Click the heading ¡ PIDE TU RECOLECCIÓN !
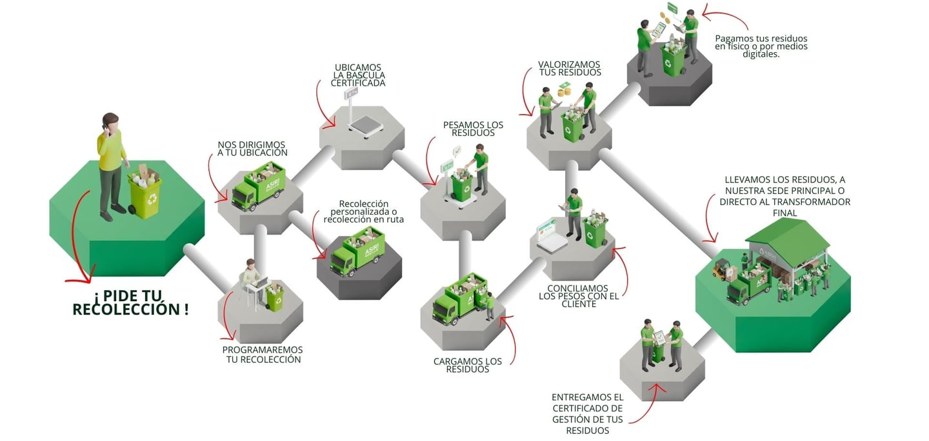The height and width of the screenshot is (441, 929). tap(131, 302)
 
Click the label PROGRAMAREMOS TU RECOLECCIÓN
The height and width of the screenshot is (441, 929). tap(263, 355)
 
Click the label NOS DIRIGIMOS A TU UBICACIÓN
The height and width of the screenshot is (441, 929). tap(252, 148)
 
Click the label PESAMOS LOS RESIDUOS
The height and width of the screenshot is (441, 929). tap(473, 128)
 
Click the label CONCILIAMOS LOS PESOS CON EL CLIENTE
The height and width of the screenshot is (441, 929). tap(579, 296)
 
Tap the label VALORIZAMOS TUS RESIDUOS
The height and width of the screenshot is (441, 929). tap(570, 68)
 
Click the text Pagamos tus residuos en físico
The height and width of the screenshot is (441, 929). tap(761, 46)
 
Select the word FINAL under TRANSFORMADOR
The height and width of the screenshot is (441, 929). tap(784, 213)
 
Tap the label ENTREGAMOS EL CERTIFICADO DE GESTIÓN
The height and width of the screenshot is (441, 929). tap(587, 413)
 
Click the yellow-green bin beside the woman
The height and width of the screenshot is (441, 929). tap(145, 194)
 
